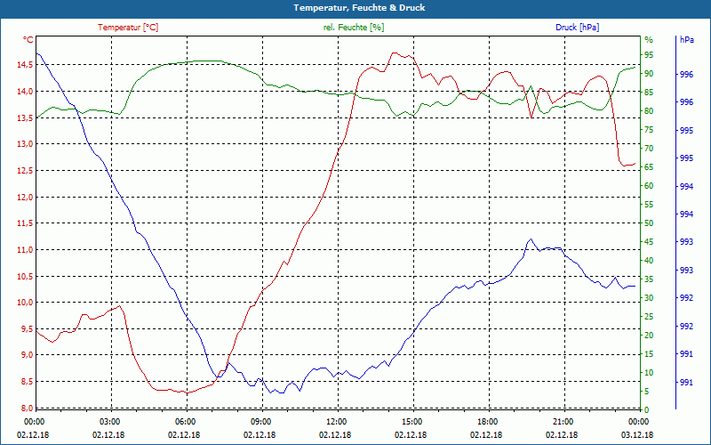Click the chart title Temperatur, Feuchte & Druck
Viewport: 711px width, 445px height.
pos(355,7)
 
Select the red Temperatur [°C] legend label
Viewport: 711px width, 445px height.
pos(128,28)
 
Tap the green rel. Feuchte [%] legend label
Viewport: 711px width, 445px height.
pos(354,28)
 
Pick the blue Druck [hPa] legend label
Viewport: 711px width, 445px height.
pos(577,28)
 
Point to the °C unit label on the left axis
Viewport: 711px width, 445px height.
pos(28,40)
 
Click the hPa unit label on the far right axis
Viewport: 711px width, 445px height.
pos(687,40)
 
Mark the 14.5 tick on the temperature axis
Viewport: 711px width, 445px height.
pos(24,65)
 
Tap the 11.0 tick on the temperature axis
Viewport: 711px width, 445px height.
pos(24,250)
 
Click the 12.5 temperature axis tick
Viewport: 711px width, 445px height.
pos(24,171)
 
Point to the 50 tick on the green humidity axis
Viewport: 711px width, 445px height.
pos(649,223)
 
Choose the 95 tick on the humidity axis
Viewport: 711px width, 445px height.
pos(649,55)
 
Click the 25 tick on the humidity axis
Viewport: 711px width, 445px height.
pos(649,317)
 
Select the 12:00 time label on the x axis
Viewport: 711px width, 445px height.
pos(337,422)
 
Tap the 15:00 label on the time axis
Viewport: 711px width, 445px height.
pos(412,422)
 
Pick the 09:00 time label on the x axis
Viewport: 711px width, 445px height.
pos(261,422)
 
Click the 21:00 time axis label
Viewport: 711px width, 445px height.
pos(563,422)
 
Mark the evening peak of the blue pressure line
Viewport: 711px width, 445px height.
pos(531,239)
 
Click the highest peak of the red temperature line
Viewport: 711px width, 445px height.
pos(395,53)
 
